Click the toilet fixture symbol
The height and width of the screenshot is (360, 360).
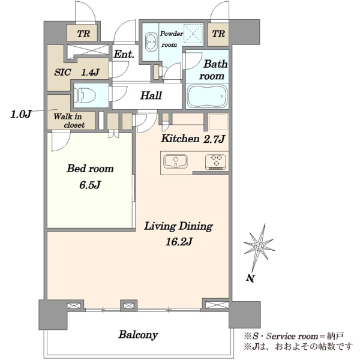click(x=85, y=95)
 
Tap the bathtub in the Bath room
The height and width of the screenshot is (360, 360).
click(x=207, y=96)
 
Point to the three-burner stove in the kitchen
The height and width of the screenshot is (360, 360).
click(x=216, y=162)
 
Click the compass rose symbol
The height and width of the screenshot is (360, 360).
click(x=259, y=247)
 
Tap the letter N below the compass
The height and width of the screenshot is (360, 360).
click(x=250, y=278)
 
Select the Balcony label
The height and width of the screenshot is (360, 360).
click(x=138, y=335)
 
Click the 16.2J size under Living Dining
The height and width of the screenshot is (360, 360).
click(x=179, y=242)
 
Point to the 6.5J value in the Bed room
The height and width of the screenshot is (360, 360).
click(x=90, y=185)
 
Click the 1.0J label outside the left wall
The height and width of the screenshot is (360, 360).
click(x=20, y=114)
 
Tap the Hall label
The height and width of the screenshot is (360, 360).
click(x=151, y=95)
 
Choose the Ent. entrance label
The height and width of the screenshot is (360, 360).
click(x=124, y=55)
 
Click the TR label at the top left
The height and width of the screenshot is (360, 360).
click(x=83, y=34)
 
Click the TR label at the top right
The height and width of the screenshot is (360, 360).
click(x=218, y=34)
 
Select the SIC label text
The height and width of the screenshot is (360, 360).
click(x=62, y=73)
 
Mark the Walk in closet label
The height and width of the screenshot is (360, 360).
click(x=69, y=121)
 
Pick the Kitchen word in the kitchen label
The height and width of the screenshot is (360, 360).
click(x=180, y=139)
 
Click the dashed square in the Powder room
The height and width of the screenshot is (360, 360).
click(x=194, y=33)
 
